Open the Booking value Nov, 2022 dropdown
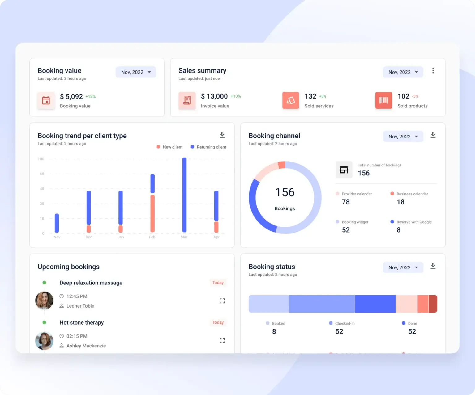coord(136,72)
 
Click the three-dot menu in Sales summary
coord(433,71)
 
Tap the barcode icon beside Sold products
coord(383,100)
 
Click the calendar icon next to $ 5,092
coord(46,100)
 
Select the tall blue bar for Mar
coord(184,195)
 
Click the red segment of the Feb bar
coord(152,213)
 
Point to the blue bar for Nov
coord(57,223)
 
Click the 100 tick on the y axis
coord(41,159)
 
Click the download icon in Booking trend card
coord(222,135)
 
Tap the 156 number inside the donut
coord(285,192)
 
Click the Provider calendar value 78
coord(346,202)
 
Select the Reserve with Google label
coord(414,222)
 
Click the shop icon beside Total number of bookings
coord(344,170)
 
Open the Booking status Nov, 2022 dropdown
coord(403,267)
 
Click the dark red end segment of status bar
coord(433,304)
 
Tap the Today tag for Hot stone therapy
coord(218,322)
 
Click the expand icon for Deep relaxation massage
coord(222,301)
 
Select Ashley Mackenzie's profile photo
coord(44,341)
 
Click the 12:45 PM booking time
coord(77,296)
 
